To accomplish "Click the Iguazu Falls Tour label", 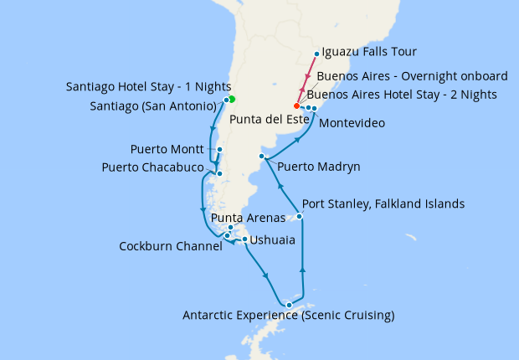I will click(375, 51).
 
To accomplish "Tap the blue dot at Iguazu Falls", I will click(316, 54).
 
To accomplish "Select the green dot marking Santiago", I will click(231, 100).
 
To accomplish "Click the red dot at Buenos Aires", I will click(296, 106).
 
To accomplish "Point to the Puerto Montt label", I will click(167, 150).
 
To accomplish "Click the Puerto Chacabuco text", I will click(152, 167).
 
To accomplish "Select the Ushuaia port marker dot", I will click(244, 240).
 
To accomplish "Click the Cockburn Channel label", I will click(171, 246).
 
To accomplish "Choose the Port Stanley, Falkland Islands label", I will click(383, 203).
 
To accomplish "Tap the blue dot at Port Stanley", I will click(300, 217).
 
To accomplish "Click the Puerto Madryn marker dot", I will click(262, 157).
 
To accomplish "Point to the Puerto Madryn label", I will click(318, 167).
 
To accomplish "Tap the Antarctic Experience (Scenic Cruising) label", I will click(288, 316).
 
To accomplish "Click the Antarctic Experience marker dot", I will click(289, 304).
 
